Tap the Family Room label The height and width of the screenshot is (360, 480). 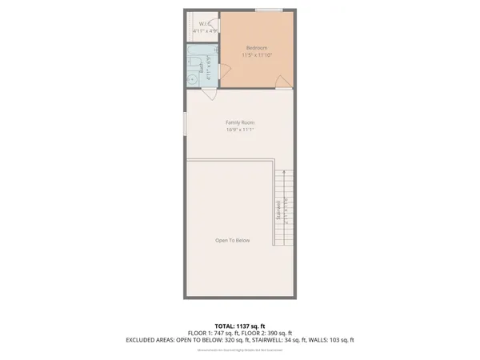coord(240,122)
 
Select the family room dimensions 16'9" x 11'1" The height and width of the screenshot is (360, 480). coord(240,130)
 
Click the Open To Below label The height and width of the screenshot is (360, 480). coord(233,241)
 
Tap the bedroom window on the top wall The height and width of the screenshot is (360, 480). coord(269,10)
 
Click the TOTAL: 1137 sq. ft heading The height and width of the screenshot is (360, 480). coord(240,325)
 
